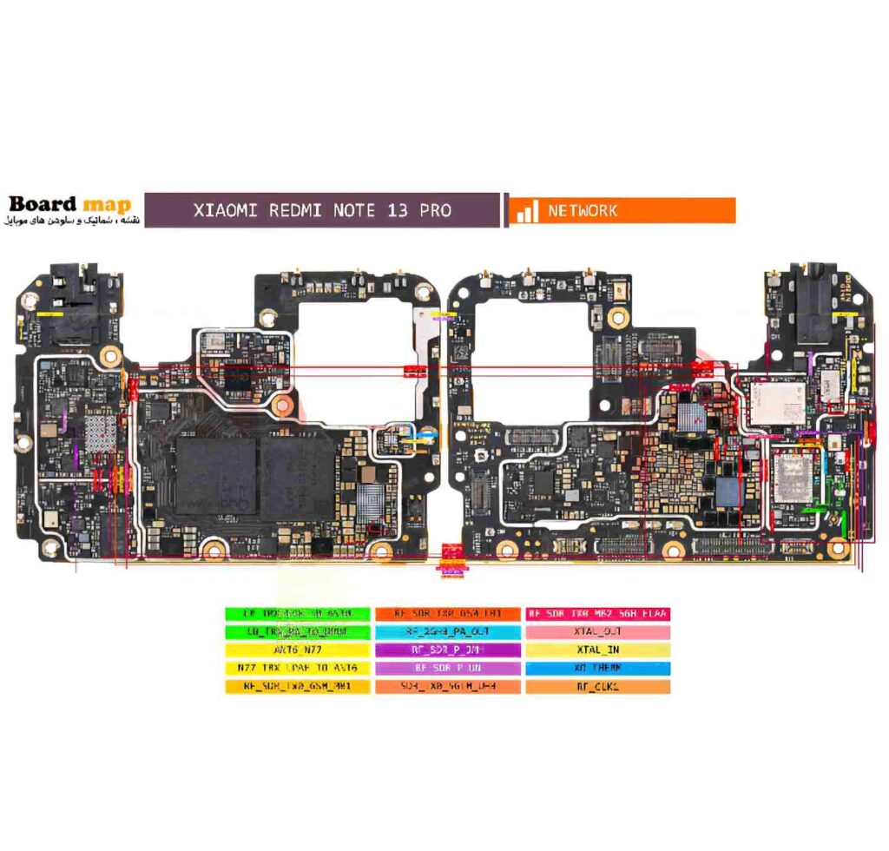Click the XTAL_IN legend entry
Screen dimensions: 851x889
(596, 650)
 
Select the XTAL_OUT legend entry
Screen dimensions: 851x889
(596, 632)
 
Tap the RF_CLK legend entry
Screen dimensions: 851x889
(596, 686)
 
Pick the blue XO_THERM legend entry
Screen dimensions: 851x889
(596, 668)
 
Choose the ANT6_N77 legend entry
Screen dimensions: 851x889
(297, 650)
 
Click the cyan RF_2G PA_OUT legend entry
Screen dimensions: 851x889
(447, 632)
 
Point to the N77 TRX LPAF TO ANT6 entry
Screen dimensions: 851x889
(297, 668)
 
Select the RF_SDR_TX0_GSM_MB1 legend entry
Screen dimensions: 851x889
(297, 686)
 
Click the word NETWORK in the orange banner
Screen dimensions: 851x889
(583, 210)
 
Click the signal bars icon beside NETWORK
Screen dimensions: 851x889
(526, 211)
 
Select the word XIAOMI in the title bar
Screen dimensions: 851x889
(225, 210)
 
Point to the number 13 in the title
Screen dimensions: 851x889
(398, 210)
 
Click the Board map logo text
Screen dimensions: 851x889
(69, 204)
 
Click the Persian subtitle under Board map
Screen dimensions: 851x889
(69, 222)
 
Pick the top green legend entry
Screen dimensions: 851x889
(297, 614)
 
